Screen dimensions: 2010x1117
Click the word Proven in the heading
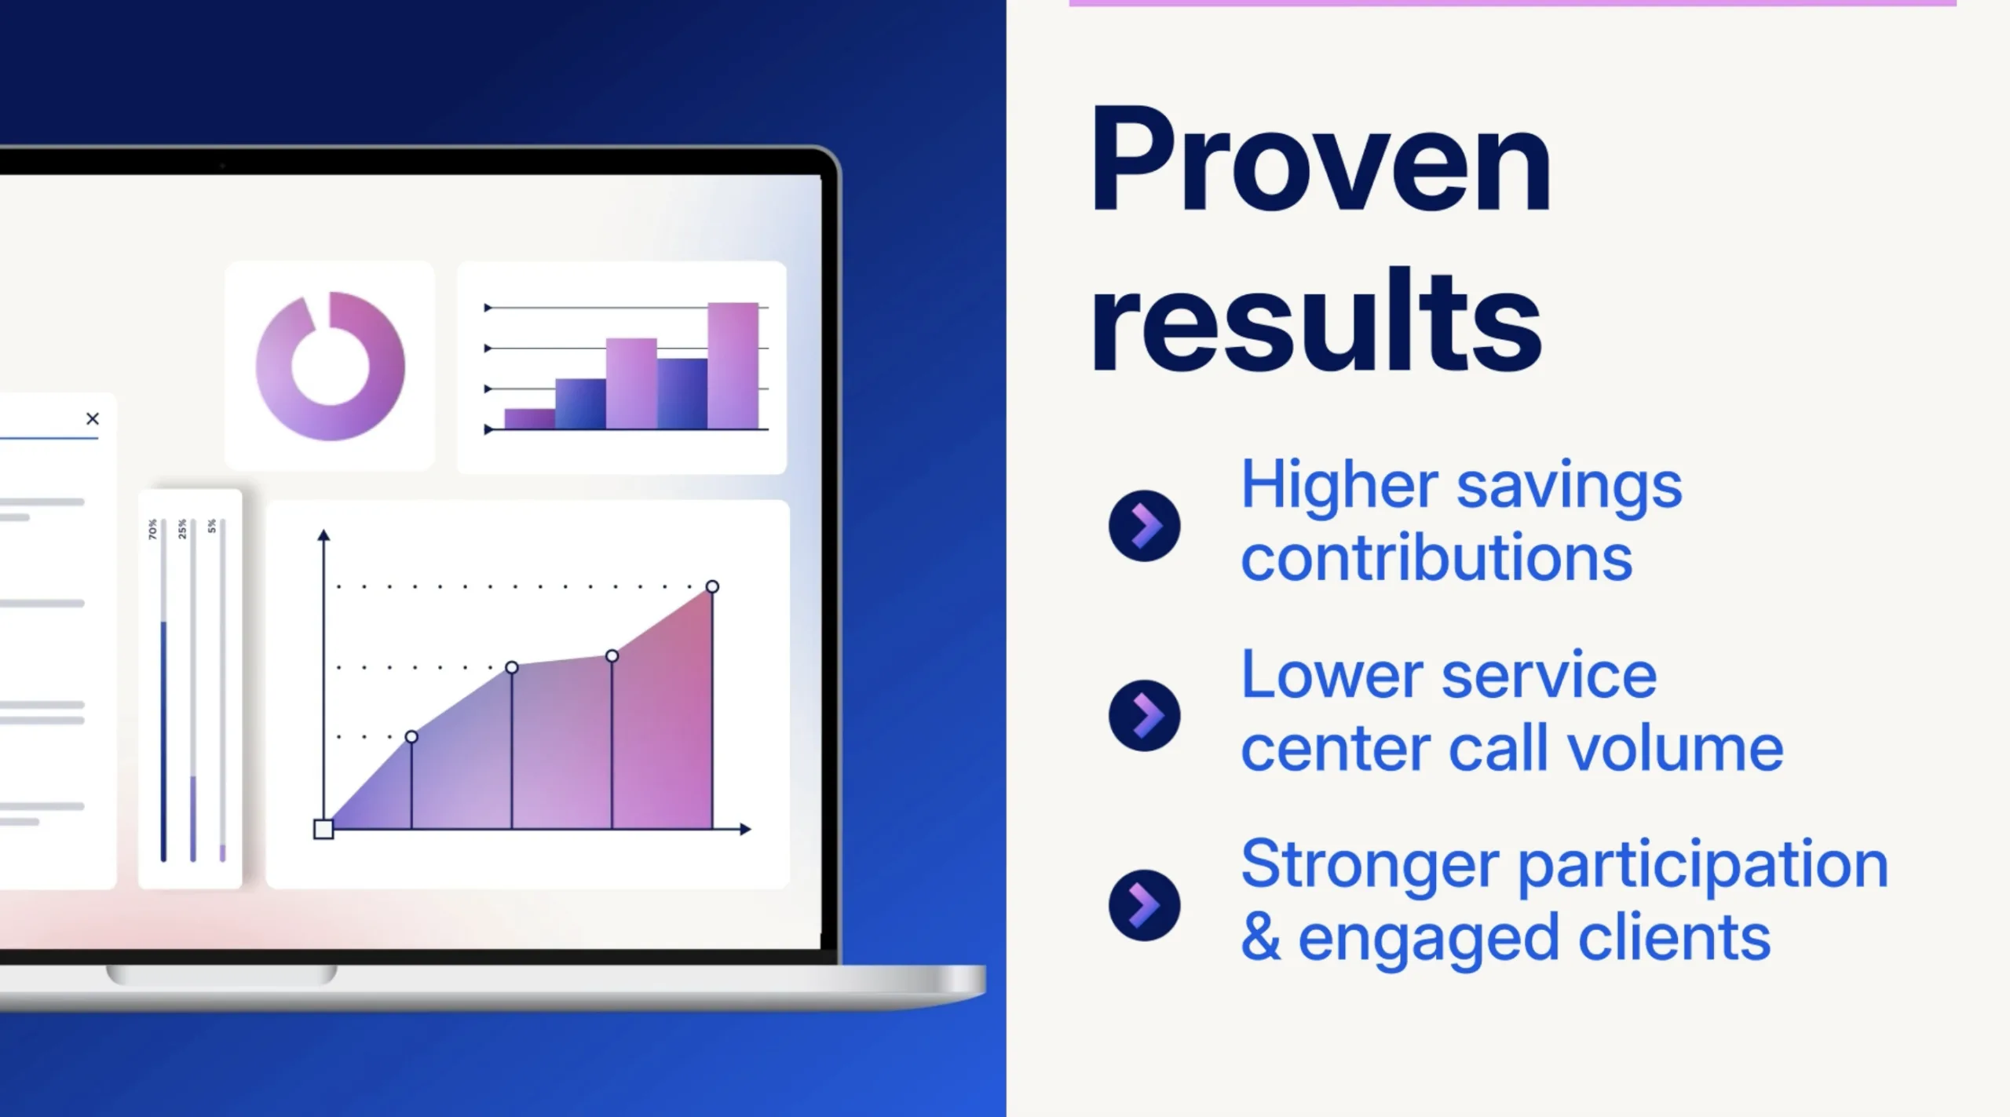(1321, 160)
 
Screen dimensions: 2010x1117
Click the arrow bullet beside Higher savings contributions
(1144, 525)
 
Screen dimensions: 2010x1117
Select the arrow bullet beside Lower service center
(1144, 715)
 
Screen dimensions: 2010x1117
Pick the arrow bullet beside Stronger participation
(1144, 905)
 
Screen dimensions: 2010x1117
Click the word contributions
(1437, 557)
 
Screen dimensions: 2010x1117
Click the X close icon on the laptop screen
(93, 418)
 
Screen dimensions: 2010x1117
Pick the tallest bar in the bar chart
(733, 366)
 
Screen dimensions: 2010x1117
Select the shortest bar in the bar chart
(530, 418)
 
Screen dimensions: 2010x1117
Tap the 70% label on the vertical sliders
(152, 529)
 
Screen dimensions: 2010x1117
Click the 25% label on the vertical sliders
(182, 529)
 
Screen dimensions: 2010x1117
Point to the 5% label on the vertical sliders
(212, 526)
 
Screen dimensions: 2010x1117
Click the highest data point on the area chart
(712, 586)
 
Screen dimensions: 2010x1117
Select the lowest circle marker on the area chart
(411, 736)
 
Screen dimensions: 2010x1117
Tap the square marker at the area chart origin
(323, 829)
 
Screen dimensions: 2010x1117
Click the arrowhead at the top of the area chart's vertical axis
(323, 535)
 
